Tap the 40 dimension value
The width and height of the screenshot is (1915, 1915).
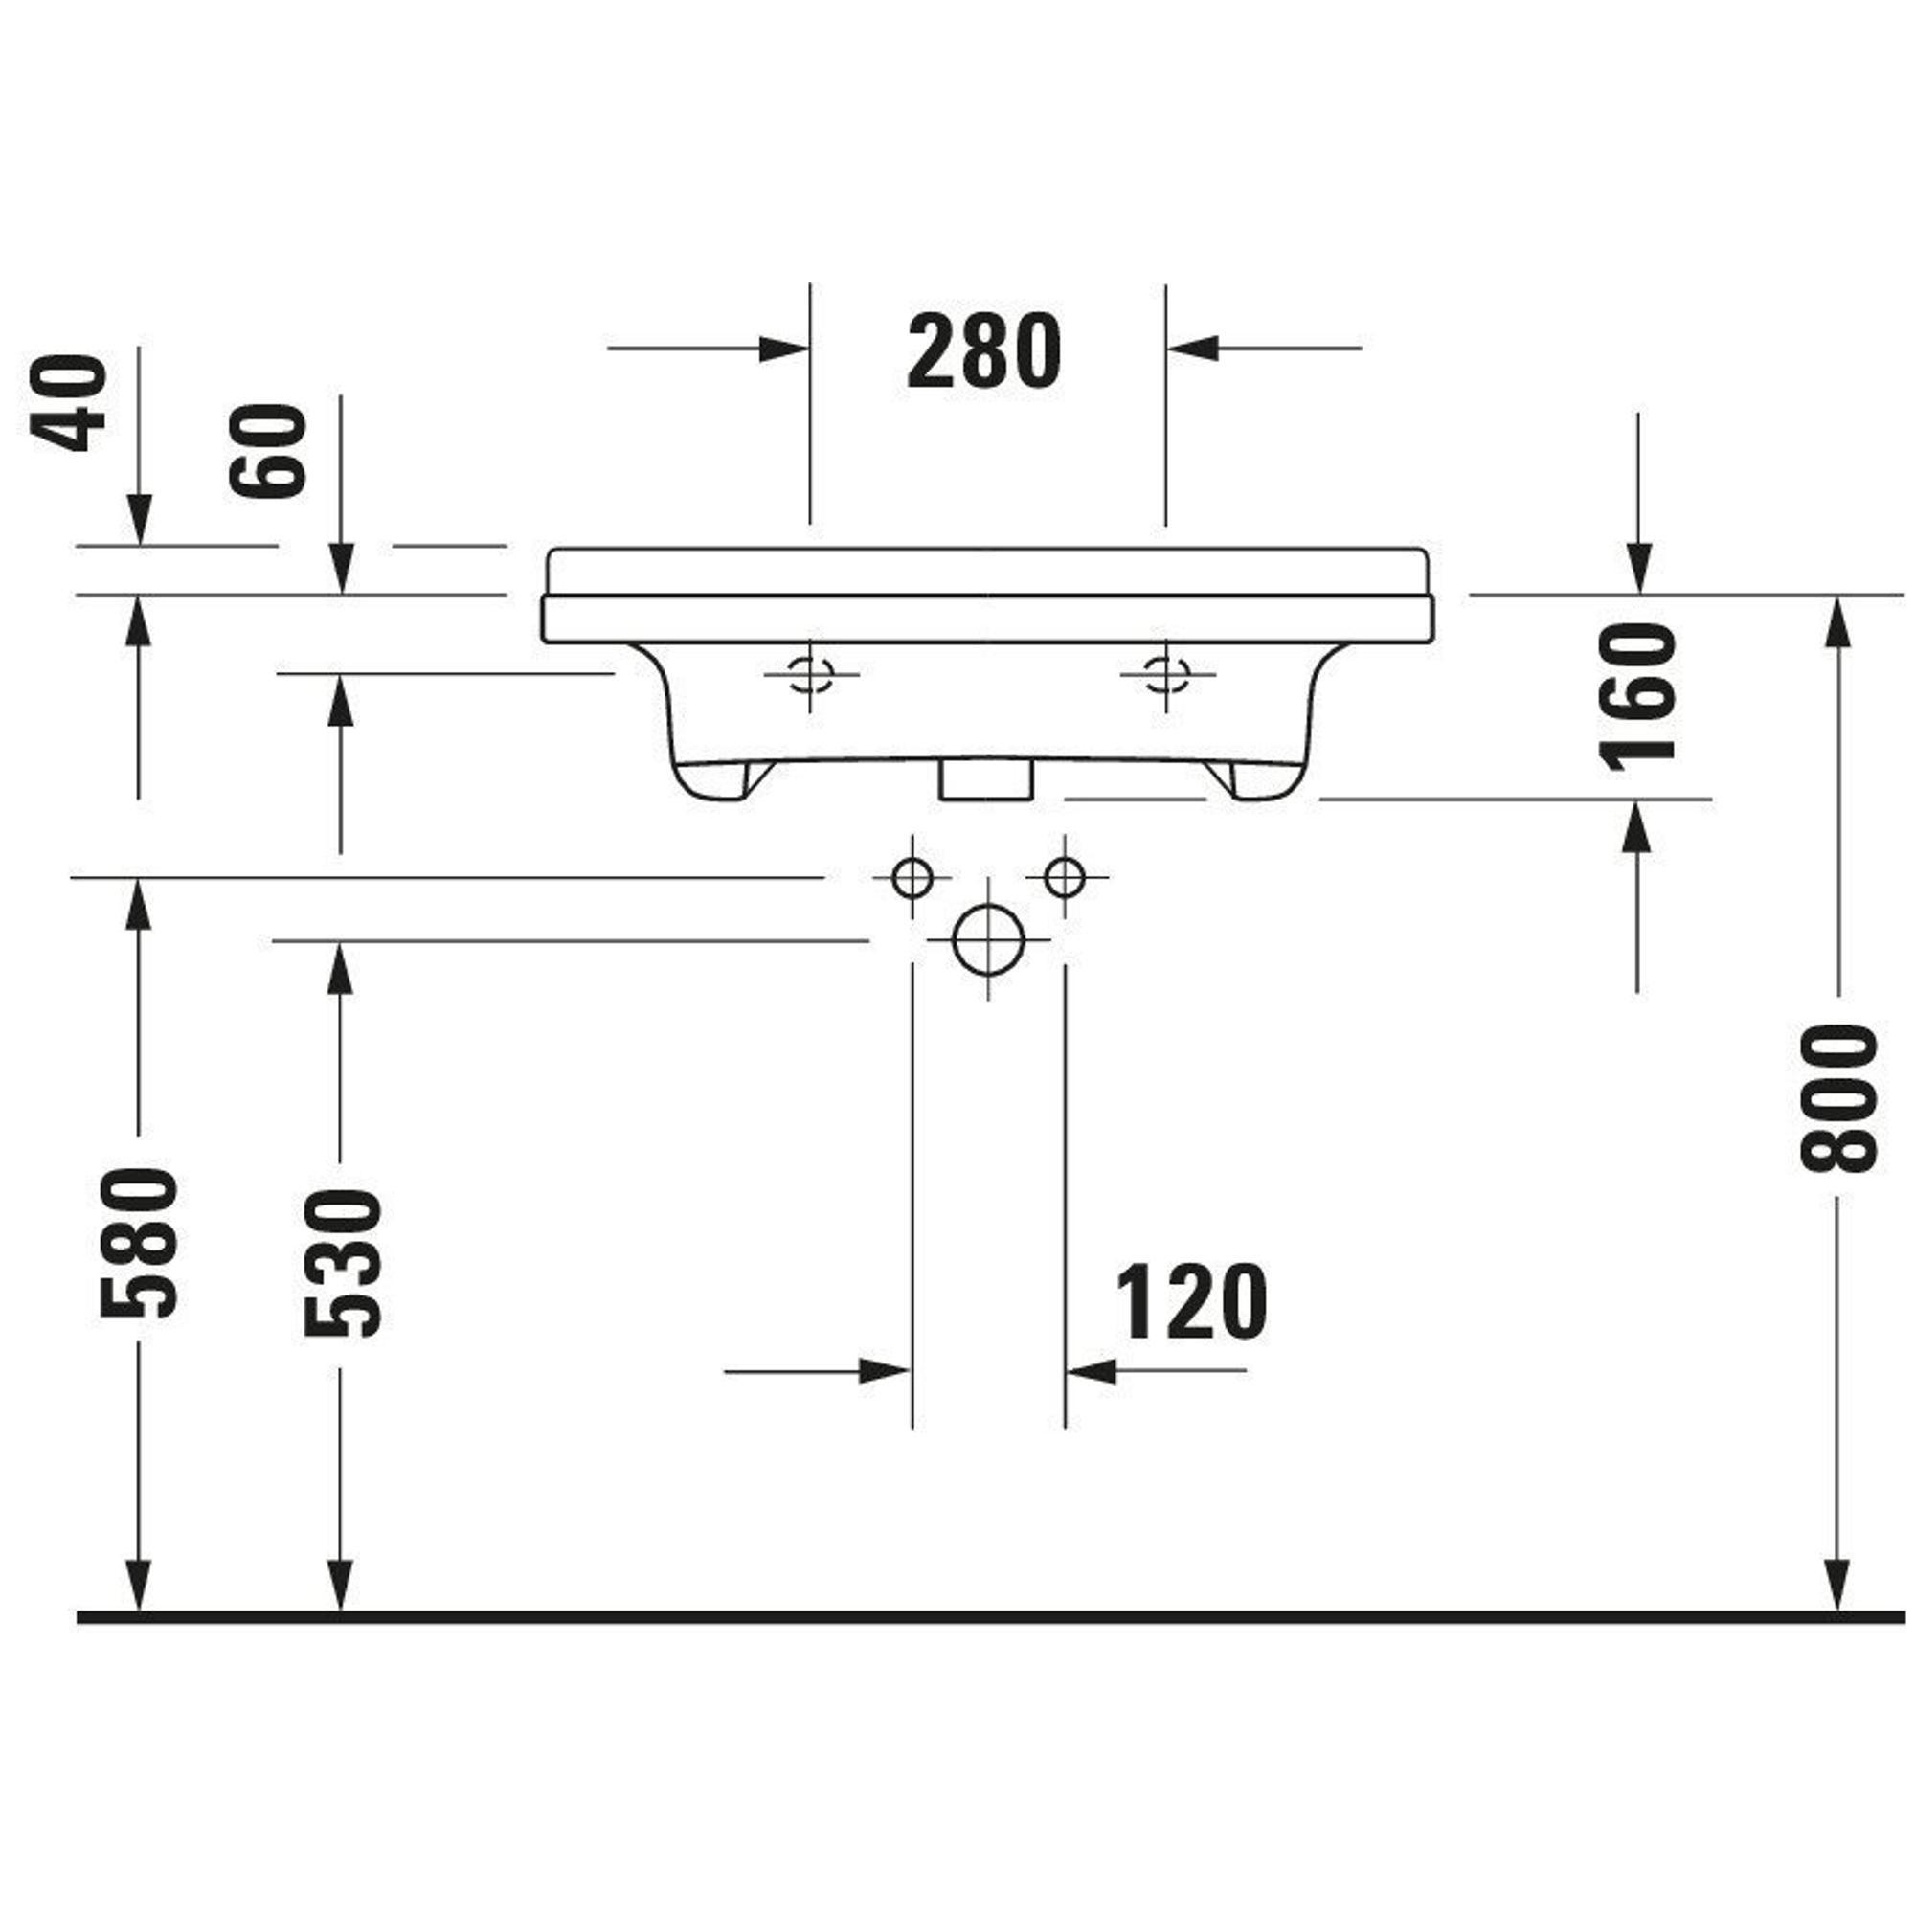[x=68, y=402]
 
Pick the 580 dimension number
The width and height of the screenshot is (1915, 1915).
[x=139, y=1243]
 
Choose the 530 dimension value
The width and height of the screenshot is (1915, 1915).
[x=341, y=1264]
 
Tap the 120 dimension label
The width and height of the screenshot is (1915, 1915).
[x=1191, y=1300]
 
